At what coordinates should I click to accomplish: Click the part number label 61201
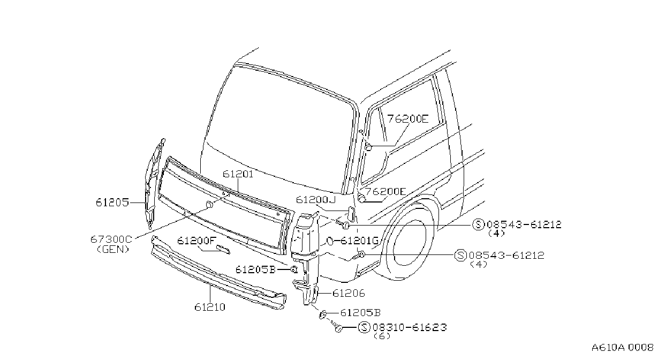pos(238,174)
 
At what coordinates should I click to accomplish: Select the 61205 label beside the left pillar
pos(112,202)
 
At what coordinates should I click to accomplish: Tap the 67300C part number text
pos(111,239)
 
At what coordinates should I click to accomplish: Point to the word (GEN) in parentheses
pos(113,250)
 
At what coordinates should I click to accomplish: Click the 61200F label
pos(196,241)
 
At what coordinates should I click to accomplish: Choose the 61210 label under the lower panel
pos(210,307)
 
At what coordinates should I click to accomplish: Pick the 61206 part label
pos(349,293)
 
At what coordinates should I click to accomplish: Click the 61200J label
pos(315,200)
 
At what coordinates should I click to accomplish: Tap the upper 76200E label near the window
pos(408,119)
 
